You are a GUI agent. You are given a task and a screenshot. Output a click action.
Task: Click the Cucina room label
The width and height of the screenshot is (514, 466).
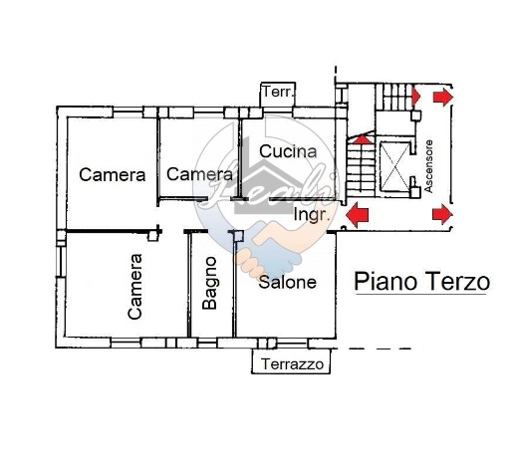[x=288, y=152]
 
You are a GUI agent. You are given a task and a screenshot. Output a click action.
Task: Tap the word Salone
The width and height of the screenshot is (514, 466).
[x=287, y=282]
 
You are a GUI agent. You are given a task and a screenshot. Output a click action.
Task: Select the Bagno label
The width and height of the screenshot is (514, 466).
[x=210, y=284]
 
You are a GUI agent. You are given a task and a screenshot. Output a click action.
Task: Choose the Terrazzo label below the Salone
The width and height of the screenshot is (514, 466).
[x=293, y=365]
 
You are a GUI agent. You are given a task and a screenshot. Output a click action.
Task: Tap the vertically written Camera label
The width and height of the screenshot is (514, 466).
[x=135, y=286]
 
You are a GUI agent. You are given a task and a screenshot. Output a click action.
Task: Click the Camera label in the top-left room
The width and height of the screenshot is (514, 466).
[x=113, y=174]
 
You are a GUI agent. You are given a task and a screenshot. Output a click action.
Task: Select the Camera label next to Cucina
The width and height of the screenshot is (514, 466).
[x=199, y=174]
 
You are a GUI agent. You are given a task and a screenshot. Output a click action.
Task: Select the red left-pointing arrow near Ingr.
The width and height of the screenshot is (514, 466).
[x=357, y=213]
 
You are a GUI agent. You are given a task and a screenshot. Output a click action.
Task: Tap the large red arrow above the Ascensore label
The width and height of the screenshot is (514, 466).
[x=440, y=98]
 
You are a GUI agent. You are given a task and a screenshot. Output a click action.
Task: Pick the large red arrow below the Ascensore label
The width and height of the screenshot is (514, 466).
[x=440, y=213]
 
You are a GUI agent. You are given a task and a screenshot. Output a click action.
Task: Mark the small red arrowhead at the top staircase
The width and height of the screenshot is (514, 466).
[x=415, y=98]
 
